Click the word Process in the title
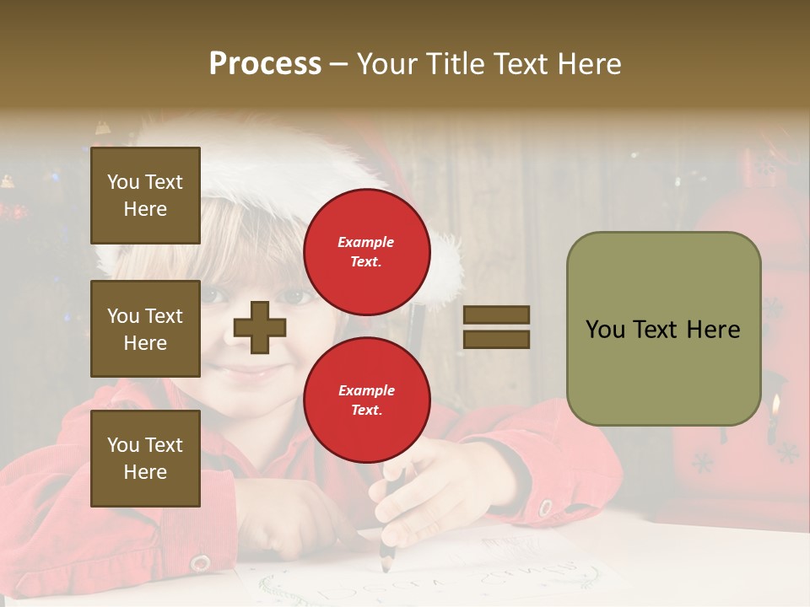[265, 64]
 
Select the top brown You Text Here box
[145, 196]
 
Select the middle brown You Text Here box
[145, 329]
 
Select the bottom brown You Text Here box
[145, 458]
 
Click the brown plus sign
[260, 327]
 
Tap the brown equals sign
[496, 327]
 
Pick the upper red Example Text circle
[366, 251]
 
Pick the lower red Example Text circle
[366, 400]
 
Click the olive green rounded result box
[663, 329]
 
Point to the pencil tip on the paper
[386, 567]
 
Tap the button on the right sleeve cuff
[545, 508]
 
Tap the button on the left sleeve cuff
[200, 562]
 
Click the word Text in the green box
[661, 329]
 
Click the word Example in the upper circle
[366, 242]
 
